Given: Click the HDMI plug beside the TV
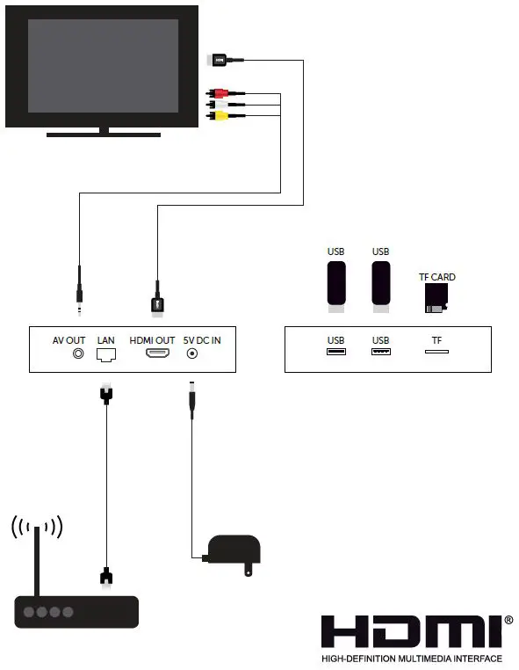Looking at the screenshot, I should click(216, 60).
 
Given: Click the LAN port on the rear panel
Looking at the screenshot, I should click(105, 353).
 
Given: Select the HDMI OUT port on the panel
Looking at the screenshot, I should click(158, 353).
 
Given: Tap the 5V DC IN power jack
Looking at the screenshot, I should click(191, 353).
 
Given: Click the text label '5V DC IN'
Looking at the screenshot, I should click(202, 339).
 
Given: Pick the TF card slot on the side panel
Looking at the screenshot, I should click(436, 352).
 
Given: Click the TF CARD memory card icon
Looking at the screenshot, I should click(436, 299).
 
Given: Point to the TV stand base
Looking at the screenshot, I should click(104, 135).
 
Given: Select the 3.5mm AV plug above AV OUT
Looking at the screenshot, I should click(79, 295).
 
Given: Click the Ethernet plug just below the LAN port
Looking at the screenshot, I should click(105, 393).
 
